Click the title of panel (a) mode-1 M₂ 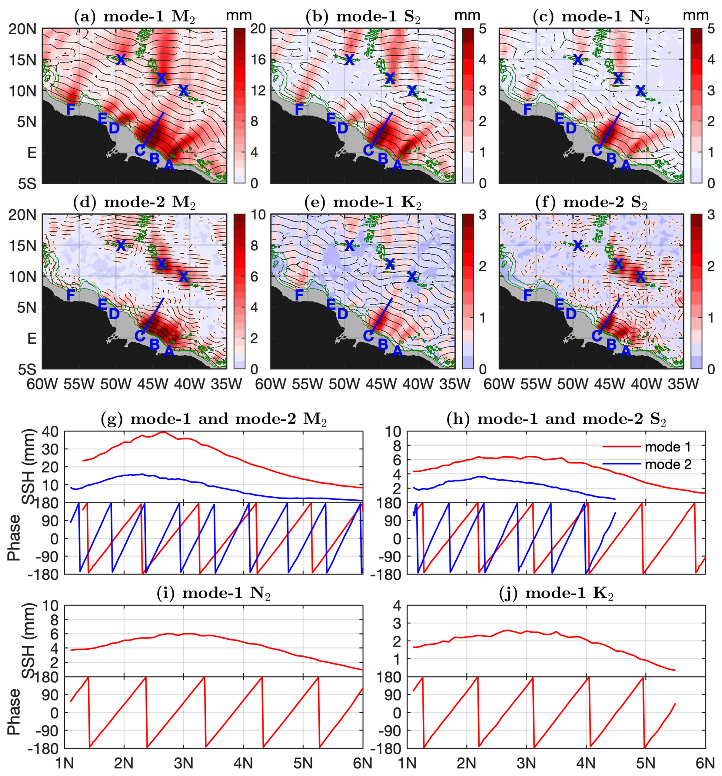pos(135,18)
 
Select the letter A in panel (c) pos(626,166)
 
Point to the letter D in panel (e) pos(342,314)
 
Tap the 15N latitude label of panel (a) pos(22,60)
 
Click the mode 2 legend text pos(668,465)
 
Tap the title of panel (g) pos(214,419)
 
